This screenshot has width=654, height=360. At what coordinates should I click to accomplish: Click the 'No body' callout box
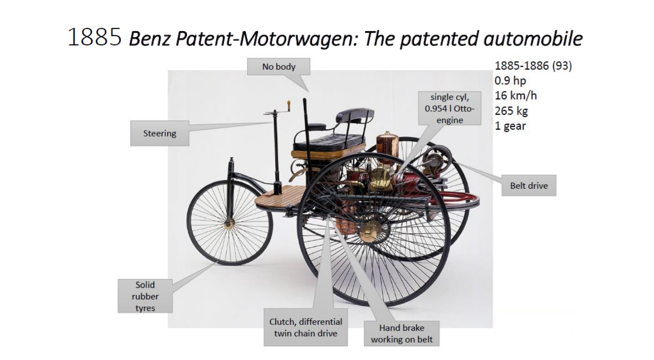(x=279, y=66)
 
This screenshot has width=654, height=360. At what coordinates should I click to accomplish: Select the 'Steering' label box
(x=160, y=133)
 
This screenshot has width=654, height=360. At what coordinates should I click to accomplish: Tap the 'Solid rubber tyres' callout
(x=145, y=296)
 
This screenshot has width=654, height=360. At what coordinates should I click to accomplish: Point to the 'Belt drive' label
(x=529, y=185)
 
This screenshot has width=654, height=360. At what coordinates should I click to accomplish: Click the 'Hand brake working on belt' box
(x=402, y=333)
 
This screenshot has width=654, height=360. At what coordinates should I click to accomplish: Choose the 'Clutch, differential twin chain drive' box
(x=305, y=327)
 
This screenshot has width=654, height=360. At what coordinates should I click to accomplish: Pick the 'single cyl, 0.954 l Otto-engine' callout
(x=450, y=108)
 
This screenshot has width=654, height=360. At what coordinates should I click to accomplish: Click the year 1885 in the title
(x=94, y=37)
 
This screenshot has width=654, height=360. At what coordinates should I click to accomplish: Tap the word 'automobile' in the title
(x=533, y=39)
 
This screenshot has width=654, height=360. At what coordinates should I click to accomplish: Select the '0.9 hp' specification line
(x=510, y=81)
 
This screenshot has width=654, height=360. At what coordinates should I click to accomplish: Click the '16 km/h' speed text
(x=515, y=96)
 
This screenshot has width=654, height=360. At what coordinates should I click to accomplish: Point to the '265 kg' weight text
(x=511, y=111)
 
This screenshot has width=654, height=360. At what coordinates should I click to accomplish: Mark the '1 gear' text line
(x=510, y=126)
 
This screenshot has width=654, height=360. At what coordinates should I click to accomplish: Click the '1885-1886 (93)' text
(x=533, y=66)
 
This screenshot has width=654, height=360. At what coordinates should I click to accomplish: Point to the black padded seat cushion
(x=329, y=141)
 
